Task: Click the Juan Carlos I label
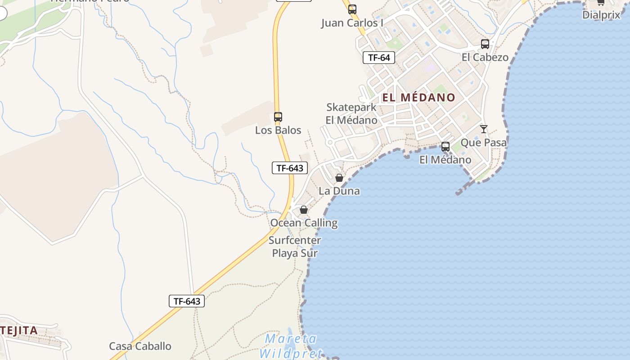pyautogui.click(x=352, y=23)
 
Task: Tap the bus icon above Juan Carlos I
pyautogui.click(x=352, y=9)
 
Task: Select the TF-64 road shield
pyautogui.click(x=379, y=58)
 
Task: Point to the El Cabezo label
pyautogui.click(x=485, y=58)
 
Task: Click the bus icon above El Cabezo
pyautogui.click(x=485, y=44)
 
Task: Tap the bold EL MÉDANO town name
pyautogui.click(x=419, y=97)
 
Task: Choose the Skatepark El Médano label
pyautogui.click(x=351, y=114)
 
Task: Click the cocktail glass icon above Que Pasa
pyautogui.click(x=484, y=129)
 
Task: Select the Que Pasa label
pyautogui.click(x=484, y=143)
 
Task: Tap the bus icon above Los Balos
pyautogui.click(x=278, y=117)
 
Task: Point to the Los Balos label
pyautogui.click(x=278, y=130)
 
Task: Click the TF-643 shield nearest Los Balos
pyautogui.click(x=290, y=168)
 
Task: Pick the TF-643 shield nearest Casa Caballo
pyautogui.click(x=187, y=301)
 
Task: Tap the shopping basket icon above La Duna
pyautogui.click(x=339, y=178)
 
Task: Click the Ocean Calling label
pyautogui.click(x=304, y=223)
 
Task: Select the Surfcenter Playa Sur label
pyautogui.click(x=295, y=247)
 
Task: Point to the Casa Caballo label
pyautogui.click(x=140, y=346)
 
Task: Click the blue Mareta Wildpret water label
pyautogui.click(x=291, y=346)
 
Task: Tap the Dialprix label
pyautogui.click(x=601, y=15)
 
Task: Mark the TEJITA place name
pyautogui.click(x=19, y=331)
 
